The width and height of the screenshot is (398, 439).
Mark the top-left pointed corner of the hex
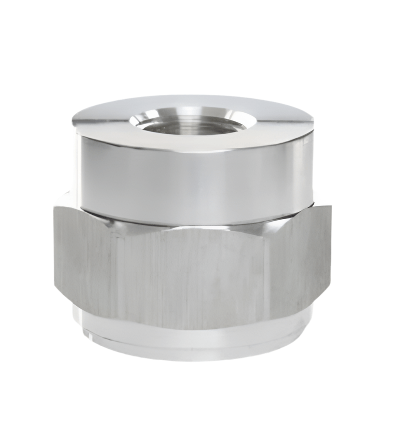[54, 207]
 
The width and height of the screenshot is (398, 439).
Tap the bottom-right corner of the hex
[330, 286]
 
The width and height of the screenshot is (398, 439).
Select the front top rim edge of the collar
[192, 150]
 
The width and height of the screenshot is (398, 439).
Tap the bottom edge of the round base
[192, 359]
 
